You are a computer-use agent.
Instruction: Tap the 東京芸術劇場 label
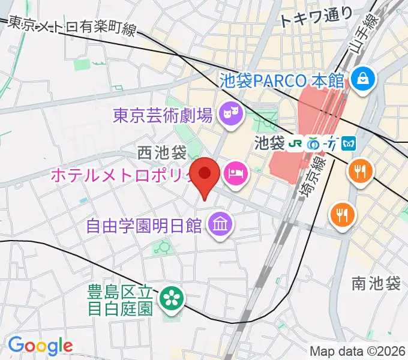point(163,115)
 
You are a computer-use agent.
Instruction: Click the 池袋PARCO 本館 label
point(281,79)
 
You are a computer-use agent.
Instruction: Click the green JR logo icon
point(295,143)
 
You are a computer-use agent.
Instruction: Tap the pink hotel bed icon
point(234,175)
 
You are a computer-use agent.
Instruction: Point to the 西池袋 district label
point(161,153)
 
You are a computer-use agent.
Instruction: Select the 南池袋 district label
point(377,284)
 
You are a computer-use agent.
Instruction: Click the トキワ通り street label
point(309,18)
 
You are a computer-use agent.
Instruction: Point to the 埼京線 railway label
point(311,174)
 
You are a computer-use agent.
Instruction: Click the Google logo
point(40,346)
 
